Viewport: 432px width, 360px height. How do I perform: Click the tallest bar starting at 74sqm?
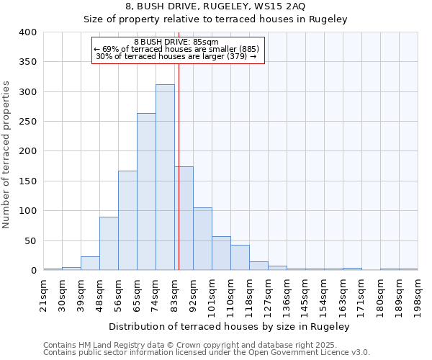pyautogui.click(x=165, y=177)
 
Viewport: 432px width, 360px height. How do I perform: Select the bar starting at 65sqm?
pyautogui.click(x=146, y=192)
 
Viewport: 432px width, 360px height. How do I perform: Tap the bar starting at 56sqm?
pyautogui.click(x=127, y=220)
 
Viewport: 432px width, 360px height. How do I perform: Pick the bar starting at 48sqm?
pyautogui.click(x=109, y=243)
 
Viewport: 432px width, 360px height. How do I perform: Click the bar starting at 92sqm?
pyautogui.click(x=202, y=239)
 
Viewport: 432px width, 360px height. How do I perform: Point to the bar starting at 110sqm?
pyautogui.click(x=240, y=258)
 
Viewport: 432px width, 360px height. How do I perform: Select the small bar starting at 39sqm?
pyautogui.click(x=90, y=264)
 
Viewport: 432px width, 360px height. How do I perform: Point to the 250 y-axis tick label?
pyautogui.click(x=27, y=122)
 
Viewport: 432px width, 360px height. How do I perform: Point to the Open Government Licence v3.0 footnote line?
pyautogui.click(x=207, y=353)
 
